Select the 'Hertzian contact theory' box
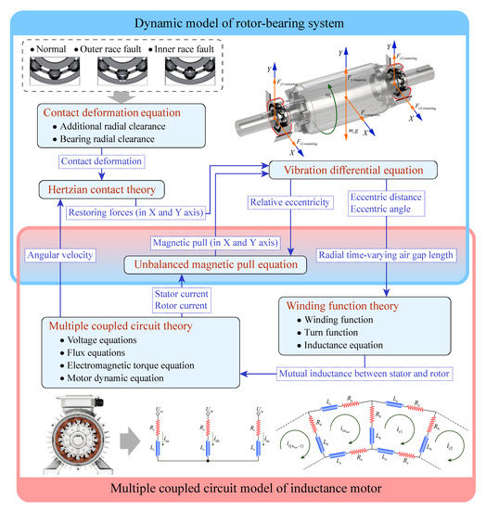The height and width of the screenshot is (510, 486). coord(96,190)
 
